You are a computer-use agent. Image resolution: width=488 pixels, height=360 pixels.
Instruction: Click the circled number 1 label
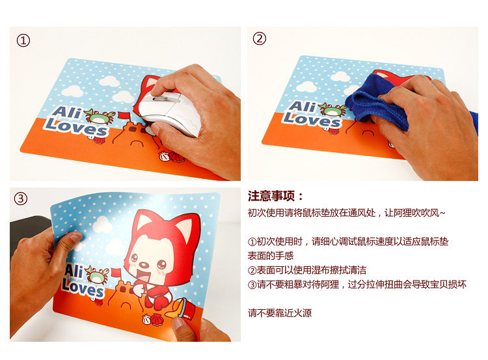pos(23,40)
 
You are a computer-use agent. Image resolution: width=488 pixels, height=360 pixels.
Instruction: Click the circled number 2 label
pos(259,38)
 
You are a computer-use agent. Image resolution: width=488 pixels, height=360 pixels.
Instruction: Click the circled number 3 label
pos(21,199)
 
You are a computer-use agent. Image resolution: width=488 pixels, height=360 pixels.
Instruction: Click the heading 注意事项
pos(271,196)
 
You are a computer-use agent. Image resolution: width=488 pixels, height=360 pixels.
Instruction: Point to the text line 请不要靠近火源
pos(280,312)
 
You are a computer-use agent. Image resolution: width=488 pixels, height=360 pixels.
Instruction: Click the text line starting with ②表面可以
pos(307,270)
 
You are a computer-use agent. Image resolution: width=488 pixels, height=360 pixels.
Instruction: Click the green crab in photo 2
pos(332,109)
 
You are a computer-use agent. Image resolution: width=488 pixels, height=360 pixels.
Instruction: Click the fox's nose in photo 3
pos(144,265)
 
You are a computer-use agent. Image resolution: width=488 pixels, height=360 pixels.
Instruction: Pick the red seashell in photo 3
pos(156,319)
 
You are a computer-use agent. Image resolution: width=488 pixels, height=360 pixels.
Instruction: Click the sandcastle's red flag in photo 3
pos(116,273)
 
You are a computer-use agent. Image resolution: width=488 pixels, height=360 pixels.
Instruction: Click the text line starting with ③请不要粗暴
pos(357,284)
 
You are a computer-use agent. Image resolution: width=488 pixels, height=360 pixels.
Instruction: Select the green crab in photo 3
pos(98,275)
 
